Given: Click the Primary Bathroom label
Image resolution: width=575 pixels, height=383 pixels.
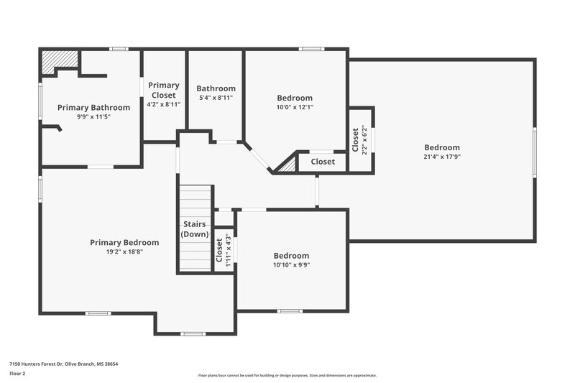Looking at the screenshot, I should click(x=93, y=108).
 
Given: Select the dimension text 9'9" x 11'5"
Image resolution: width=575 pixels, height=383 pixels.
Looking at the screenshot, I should click(x=93, y=117).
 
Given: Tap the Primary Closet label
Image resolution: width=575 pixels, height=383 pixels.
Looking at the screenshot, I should click(x=164, y=90).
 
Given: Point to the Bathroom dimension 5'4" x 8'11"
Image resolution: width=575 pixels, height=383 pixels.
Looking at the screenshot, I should click(x=216, y=98).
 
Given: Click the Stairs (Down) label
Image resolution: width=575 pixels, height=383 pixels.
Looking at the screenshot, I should click(x=195, y=229).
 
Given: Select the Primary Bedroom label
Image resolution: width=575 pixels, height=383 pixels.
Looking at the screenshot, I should click(x=124, y=242).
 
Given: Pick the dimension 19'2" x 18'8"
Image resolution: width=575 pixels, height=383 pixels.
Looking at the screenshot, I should click(x=124, y=252).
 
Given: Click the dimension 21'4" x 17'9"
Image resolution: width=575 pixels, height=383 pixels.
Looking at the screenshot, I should click(x=442, y=157).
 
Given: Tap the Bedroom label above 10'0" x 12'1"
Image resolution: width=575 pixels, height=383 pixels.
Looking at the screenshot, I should click(x=295, y=98).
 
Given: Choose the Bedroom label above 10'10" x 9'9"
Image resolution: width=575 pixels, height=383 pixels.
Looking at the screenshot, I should click(x=291, y=255).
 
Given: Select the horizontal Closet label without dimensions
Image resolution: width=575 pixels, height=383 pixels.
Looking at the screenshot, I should click(x=323, y=162).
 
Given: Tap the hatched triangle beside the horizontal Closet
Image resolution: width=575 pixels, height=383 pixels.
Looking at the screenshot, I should click(x=289, y=165).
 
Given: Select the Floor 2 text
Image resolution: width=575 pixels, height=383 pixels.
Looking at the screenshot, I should click(x=18, y=374).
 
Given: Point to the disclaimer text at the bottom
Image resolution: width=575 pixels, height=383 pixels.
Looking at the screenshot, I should click(x=287, y=375).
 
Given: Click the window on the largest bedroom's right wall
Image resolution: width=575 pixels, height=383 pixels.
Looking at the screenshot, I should click(x=534, y=151).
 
